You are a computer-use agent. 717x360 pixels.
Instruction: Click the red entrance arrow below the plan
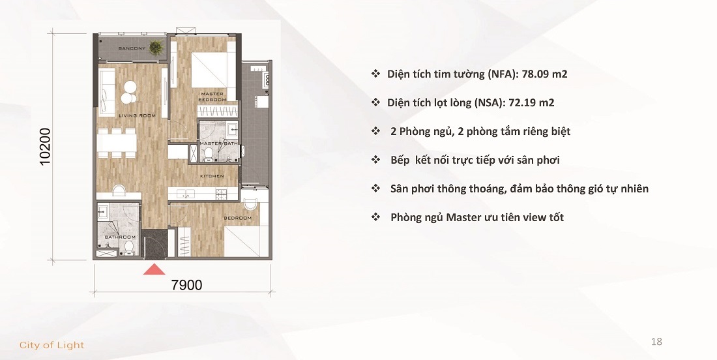click(154, 269)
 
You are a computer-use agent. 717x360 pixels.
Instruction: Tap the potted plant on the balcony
click(156, 47)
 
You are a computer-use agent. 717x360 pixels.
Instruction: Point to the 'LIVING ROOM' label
click(137, 115)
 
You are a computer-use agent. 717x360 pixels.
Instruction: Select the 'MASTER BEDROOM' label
click(212, 97)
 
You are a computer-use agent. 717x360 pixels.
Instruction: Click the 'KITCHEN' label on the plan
click(212, 176)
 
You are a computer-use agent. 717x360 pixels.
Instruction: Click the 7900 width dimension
click(187, 284)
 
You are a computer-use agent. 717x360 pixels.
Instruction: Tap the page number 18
click(656, 342)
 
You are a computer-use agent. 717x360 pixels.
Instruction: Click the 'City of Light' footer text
click(52, 345)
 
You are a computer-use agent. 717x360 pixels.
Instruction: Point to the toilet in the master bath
click(208, 154)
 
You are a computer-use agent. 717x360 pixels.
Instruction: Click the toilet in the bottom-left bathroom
click(129, 247)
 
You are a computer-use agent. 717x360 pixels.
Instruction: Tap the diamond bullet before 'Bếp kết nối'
click(375, 160)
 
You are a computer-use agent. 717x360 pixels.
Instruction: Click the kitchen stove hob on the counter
click(222, 194)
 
